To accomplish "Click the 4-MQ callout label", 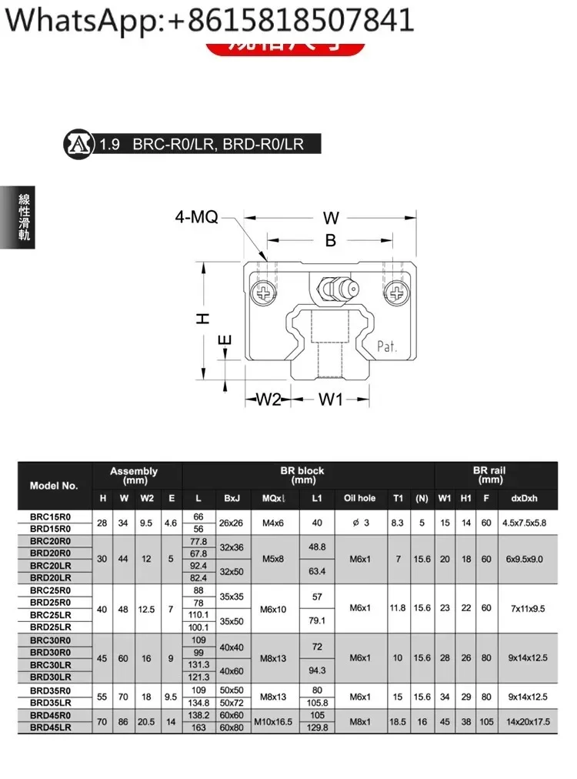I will [x=195, y=219].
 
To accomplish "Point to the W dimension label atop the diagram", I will [x=331, y=218].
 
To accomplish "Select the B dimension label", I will [x=331, y=241].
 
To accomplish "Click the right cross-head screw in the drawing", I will [x=398, y=293].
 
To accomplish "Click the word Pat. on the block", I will [x=387, y=346].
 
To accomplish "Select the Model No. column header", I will [x=54, y=486].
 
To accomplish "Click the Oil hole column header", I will [x=359, y=498].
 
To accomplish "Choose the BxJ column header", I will [x=232, y=498].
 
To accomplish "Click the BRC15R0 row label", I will [x=51, y=517].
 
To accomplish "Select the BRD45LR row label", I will [x=51, y=727].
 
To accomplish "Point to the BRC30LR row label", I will [x=51, y=664].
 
